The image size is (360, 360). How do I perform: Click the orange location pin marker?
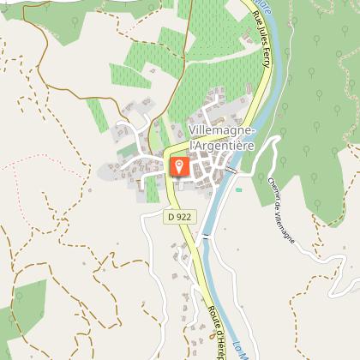[x=178, y=165]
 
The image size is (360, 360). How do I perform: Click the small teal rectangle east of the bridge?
[x=239, y=189]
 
